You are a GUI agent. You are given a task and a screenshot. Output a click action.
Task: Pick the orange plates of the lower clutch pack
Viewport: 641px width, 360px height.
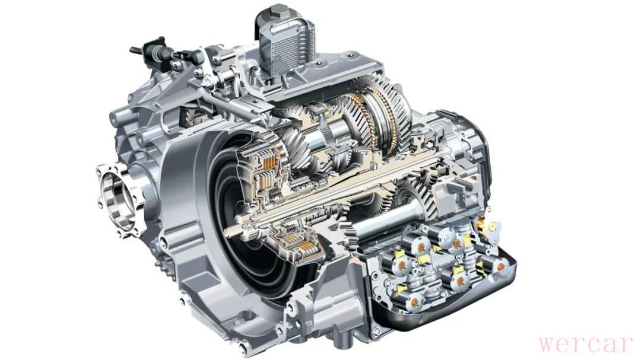[x=304, y=245]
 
